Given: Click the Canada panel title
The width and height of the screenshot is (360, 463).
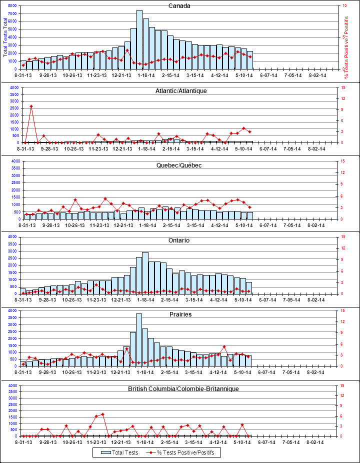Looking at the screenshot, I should pos(179,6).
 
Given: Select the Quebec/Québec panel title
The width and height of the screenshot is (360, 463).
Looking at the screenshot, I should pos(179,165).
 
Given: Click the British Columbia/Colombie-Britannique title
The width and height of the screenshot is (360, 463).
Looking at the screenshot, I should pos(183,388).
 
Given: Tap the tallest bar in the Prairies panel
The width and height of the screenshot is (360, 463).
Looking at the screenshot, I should pos(139,340).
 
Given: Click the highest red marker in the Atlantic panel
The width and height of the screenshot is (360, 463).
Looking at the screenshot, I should pos(31,106).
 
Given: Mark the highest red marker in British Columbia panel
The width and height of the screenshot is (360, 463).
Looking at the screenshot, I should pos(102,414).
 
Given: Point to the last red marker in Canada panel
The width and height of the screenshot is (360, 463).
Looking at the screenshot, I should pos(249,56).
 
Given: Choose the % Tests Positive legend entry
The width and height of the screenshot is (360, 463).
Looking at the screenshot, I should pos(182,452).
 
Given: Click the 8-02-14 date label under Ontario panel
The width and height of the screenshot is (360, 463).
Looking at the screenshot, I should pos(317,299).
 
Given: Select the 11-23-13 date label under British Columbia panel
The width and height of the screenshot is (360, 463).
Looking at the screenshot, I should pos(96,442).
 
